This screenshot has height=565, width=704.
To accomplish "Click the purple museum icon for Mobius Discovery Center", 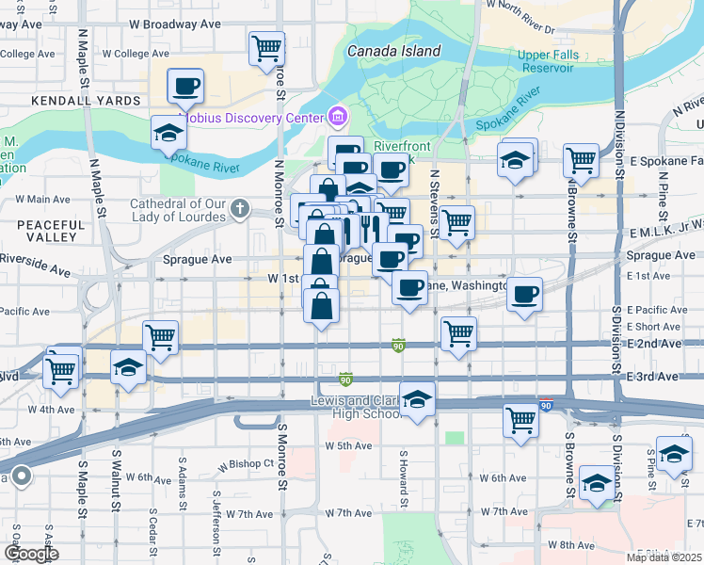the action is tap(337, 118).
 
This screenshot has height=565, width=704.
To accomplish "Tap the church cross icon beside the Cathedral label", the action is tap(241, 207).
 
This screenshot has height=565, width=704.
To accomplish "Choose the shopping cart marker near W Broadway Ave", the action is tap(267, 47).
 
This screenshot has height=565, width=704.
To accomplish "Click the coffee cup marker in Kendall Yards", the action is tap(185, 87).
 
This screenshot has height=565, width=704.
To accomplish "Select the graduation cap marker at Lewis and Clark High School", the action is tap(417, 398).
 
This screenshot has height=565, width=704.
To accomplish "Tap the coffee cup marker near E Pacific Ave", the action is tap(524, 295).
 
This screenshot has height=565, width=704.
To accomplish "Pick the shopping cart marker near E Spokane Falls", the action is tap(581, 160).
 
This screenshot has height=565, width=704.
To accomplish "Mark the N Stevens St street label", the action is tap(435, 202).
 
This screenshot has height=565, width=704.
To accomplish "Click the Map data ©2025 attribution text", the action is tap(664, 557).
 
